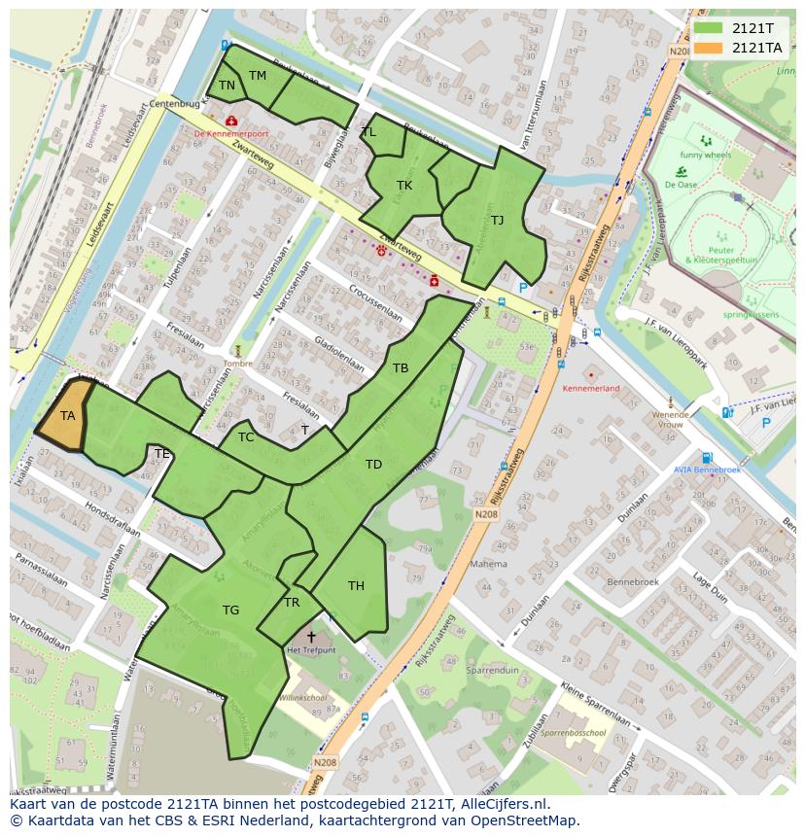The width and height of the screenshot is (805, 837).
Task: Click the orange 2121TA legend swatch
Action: [x=710, y=48]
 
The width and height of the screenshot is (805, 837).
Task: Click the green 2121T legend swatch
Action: [x=710, y=28]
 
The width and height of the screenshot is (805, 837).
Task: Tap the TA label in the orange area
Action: [x=67, y=416]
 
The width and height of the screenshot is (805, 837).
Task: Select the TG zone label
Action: [x=230, y=610]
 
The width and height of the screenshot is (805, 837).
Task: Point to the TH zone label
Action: [x=356, y=585]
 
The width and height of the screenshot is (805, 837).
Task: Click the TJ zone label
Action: [x=497, y=220]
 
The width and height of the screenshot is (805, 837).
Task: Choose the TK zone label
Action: [x=404, y=185]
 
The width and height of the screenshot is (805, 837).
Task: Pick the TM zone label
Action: [x=258, y=76]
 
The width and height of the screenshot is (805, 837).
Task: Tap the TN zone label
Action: [x=227, y=86]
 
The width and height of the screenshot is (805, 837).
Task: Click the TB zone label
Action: [x=401, y=368]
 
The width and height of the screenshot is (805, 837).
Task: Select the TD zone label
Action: [x=373, y=465]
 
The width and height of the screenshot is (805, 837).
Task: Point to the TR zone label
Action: [x=292, y=603]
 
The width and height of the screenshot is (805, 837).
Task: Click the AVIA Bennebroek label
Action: [x=707, y=470]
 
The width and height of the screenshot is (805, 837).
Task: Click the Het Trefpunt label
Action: [x=311, y=649]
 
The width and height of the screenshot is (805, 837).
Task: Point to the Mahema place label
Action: [x=488, y=563]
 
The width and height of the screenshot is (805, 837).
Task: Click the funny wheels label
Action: [x=705, y=156]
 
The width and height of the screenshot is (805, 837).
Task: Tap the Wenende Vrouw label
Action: [x=669, y=419]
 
